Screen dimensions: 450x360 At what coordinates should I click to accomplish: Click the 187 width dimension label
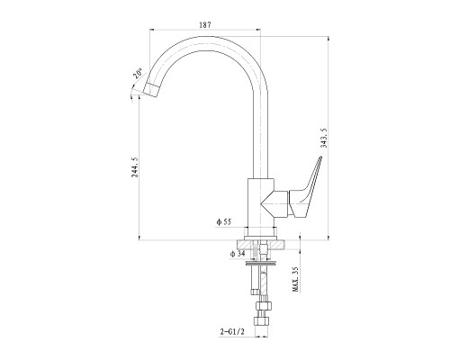tap(205, 25)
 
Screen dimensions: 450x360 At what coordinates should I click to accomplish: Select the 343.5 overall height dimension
tap(324, 138)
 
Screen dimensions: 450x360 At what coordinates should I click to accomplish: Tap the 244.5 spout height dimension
tap(135, 167)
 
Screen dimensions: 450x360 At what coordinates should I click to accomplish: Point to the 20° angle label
tap(139, 74)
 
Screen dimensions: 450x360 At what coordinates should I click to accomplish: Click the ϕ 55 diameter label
tap(224, 222)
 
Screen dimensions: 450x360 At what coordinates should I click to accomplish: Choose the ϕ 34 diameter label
tap(238, 254)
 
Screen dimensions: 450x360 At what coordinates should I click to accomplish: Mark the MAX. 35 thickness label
tap(295, 279)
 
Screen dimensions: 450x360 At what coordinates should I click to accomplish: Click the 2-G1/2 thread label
tap(232, 332)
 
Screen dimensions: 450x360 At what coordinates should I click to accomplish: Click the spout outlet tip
tap(151, 90)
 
